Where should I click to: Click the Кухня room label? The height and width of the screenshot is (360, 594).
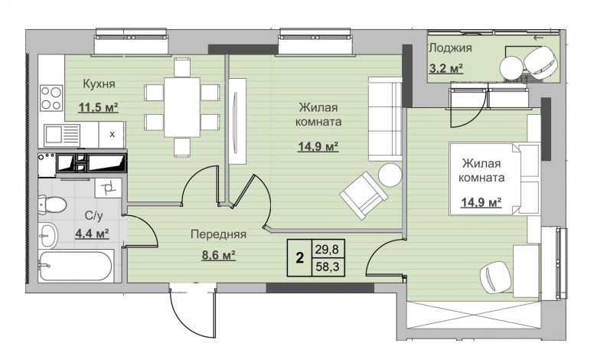tap(99, 84)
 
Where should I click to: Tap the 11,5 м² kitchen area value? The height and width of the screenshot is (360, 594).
tap(98, 107)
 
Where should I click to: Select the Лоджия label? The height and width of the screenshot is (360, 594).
tap(450, 48)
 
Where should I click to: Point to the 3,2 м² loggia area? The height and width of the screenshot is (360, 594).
tap(446, 68)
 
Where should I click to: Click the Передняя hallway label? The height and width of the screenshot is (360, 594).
tap(218, 234)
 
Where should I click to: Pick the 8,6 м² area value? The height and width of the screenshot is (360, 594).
tap(219, 254)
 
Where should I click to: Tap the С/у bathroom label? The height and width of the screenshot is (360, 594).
tap(93, 216)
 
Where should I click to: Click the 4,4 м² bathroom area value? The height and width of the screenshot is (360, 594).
tap(92, 233)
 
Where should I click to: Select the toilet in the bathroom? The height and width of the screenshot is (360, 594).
tap(52, 205)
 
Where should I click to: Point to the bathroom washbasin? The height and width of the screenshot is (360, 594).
tap(47, 235)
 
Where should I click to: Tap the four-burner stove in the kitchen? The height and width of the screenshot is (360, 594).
tap(51, 98)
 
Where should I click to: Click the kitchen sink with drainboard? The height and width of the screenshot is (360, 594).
tap(62, 135)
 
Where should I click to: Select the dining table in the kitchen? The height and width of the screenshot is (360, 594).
tap(182, 107)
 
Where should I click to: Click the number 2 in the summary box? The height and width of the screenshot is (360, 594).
tap(299, 258)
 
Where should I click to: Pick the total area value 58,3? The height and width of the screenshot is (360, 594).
tap(328, 267)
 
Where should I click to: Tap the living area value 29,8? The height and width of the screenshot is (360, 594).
tap(328, 250)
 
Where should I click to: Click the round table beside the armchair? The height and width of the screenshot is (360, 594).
tap(390, 175)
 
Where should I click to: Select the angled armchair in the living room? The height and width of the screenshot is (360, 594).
tap(364, 195)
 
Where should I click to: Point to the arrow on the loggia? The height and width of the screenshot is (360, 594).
tap(538, 38)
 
